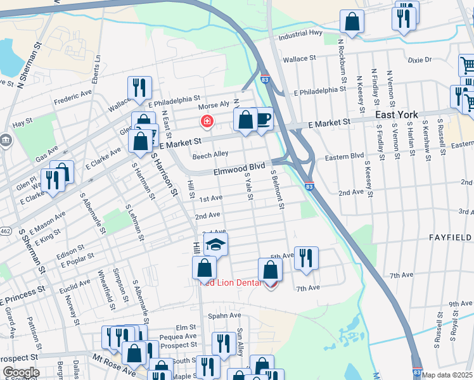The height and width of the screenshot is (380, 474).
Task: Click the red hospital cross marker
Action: click(206, 120)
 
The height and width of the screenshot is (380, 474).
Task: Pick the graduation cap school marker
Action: click(216, 244)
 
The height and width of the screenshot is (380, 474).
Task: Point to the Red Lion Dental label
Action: click(231, 282)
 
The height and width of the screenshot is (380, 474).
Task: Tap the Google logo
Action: click(20, 372)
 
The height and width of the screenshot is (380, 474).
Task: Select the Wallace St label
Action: click(299, 59)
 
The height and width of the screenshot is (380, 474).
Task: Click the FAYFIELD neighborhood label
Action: click(450, 237)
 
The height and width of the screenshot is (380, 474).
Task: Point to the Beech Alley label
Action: click(210, 154)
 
